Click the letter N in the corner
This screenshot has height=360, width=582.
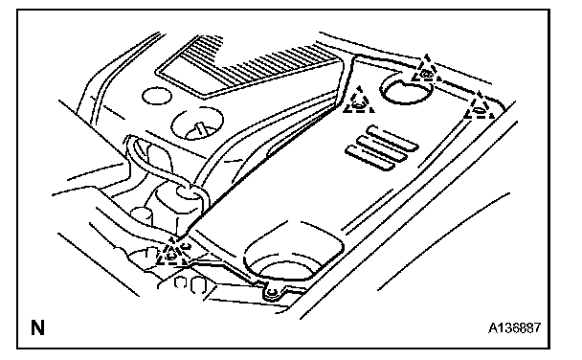(x=37, y=327)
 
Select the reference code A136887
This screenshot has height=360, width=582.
(x=514, y=327)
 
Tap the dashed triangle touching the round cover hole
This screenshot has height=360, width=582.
(x=427, y=71)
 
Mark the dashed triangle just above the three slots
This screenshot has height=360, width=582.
(x=359, y=102)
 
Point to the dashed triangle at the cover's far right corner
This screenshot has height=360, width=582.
(x=479, y=107)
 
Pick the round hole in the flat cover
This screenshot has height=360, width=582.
(x=406, y=89)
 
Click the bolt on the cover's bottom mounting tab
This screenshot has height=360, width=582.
(x=272, y=293)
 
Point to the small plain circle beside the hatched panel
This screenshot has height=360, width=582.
(x=157, y=96)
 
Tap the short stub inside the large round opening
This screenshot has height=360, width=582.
(x=200, y=129)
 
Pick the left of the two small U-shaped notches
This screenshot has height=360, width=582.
(x=180, y=282)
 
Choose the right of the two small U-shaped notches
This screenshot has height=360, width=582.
(x=198, y=285)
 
